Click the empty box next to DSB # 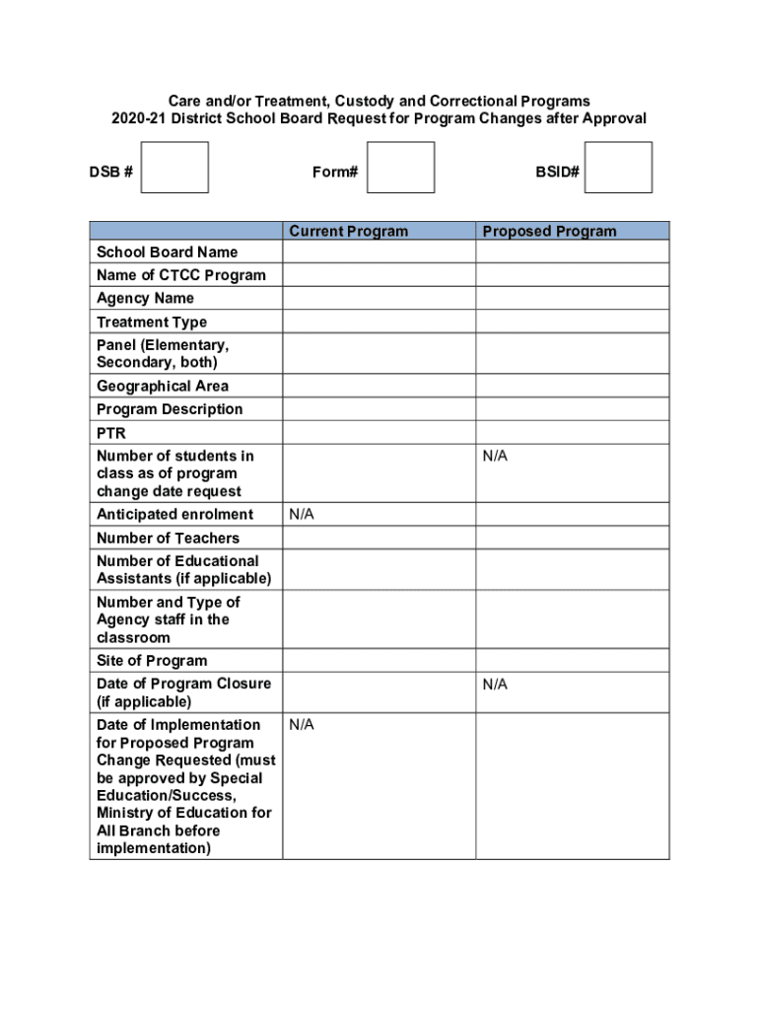pos(174,168)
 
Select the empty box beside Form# pos(400,168)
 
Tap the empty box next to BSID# pos(618,168)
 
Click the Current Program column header pos(348,232)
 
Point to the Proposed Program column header pos(549,232)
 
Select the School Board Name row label pos(167,252)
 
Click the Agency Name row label pos(145,298)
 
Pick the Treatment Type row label pos(152,322)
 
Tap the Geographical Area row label pos(162,386)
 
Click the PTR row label pos(111,433)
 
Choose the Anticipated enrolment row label pos(174,514)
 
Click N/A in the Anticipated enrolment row pos(302,514)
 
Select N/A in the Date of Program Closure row pos(495,684)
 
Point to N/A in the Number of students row pos(495,456)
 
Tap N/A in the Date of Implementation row pos(302,725)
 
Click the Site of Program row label pos(152,660)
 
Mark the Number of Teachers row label pos(168,538)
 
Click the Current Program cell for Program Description pos(379,409)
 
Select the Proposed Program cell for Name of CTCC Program pos(572,275)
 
